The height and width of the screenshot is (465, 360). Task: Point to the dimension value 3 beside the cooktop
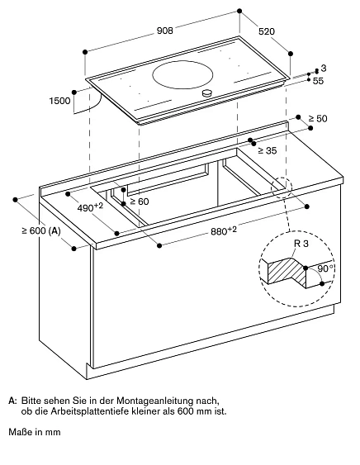(324, 68)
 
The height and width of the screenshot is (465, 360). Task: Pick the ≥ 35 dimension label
(266, 150)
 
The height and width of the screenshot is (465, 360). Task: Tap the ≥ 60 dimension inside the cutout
(137, 202)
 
